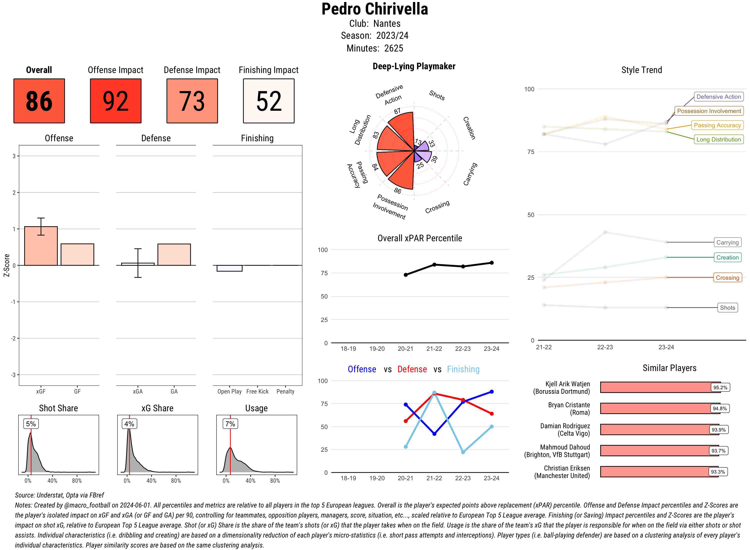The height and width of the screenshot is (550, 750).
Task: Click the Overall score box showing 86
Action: (39, 101)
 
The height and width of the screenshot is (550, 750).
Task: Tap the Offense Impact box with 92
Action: (115, 101)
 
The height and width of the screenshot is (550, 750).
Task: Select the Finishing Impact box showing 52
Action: (269, 101)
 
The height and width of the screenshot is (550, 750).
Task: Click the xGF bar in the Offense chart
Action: (41, 246)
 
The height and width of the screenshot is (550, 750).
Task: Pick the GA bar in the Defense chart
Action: (174, 255)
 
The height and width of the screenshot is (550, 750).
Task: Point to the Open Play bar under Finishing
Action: (229, 268)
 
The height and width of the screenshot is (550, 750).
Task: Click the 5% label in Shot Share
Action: (31, 424)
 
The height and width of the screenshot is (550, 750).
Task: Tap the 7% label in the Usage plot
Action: (230, 424)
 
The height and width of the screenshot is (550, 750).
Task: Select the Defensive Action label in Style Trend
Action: (718, 97)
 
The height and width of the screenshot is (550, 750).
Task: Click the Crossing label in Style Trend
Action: (727, 278)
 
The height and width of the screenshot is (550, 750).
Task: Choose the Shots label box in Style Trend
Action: (727, 308)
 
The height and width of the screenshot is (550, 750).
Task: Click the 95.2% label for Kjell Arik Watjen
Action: (720, 387)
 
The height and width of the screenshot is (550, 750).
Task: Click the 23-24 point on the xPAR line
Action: (491, 263)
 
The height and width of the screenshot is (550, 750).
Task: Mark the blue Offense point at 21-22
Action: (434, 434)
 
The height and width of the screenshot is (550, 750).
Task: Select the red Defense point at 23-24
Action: (491, 413)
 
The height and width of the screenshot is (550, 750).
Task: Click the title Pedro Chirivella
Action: (374, 9)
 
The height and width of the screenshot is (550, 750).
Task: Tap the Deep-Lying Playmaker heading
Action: (414, 66)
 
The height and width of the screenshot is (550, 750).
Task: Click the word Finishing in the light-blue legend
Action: (463, 369)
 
